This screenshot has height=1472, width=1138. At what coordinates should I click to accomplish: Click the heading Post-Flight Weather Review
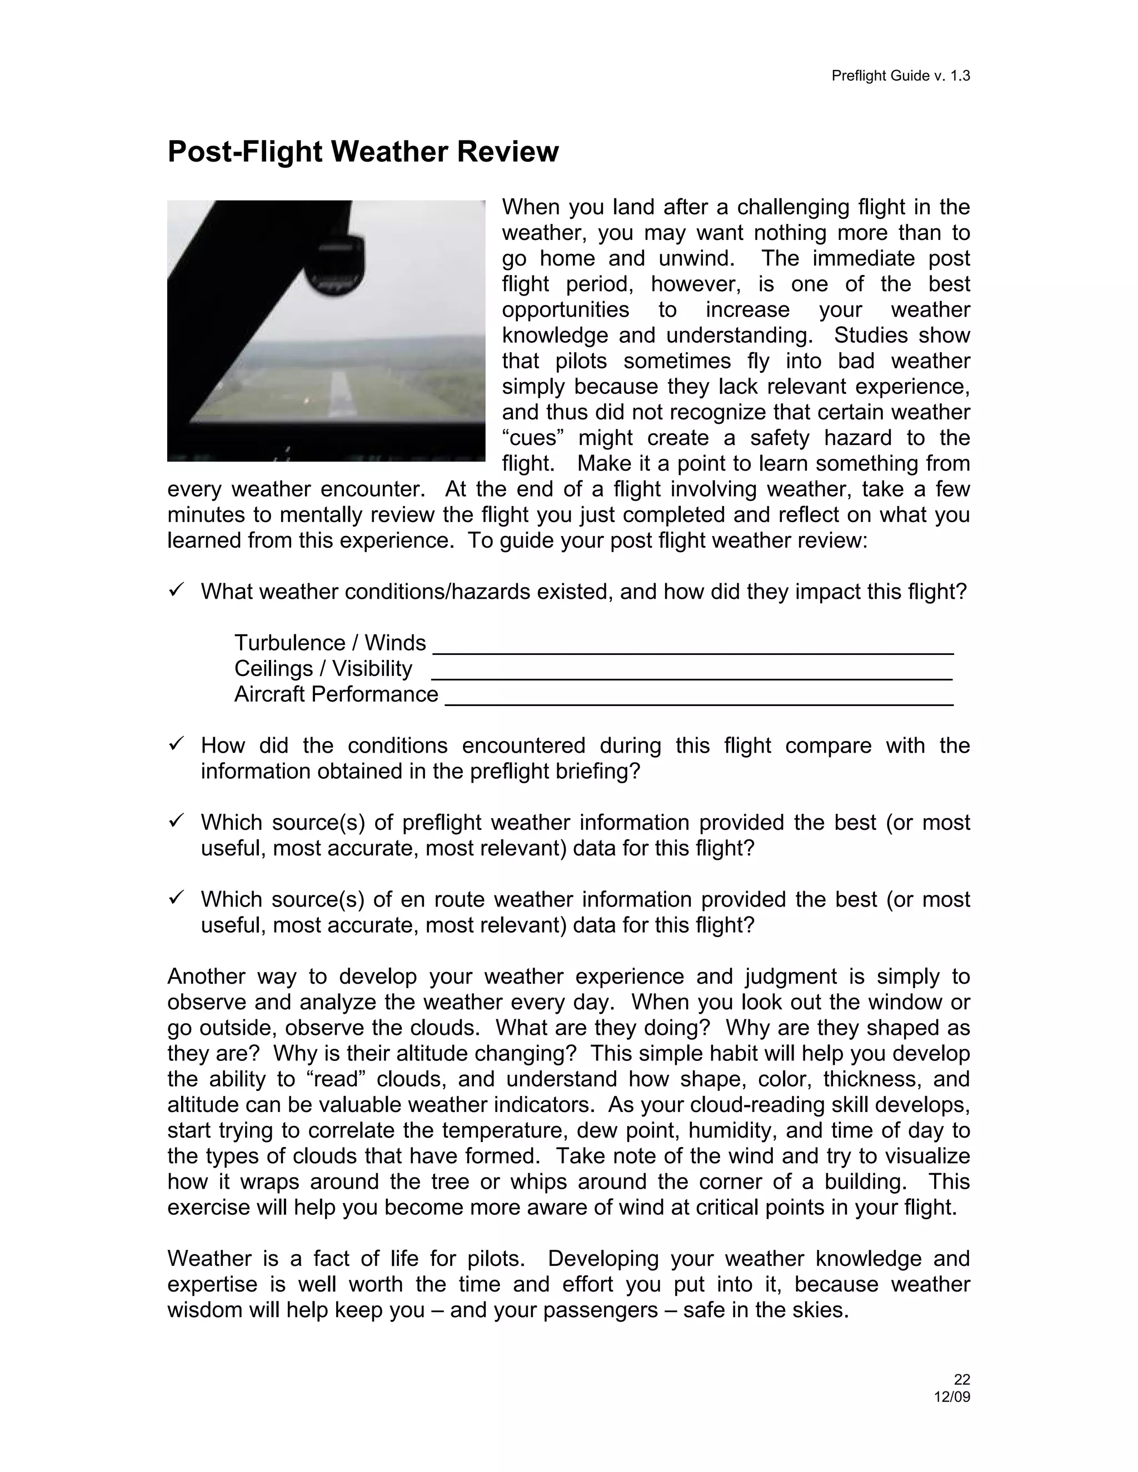coord(363,152)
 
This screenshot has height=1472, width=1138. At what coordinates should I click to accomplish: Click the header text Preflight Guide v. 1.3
coord(900,76)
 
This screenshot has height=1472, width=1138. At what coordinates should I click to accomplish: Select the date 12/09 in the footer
coord(951,1396)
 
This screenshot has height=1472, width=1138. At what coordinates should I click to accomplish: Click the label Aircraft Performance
coord(336,694)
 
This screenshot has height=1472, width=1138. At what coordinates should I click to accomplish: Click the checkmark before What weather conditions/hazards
coord(176,590)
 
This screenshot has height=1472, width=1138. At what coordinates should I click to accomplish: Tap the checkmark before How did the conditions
coord(176,744)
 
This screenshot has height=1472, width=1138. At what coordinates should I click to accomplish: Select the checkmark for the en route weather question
coord(176,898)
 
